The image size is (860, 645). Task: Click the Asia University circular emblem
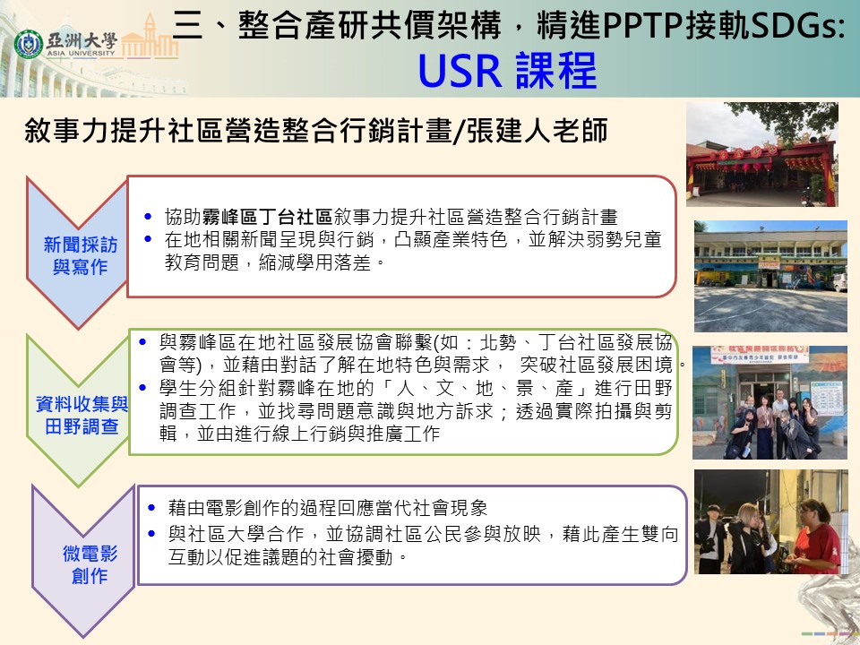pyautogui.click(x=28, y=45)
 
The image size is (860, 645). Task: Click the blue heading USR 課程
pyautogui.click(x=507, y=71)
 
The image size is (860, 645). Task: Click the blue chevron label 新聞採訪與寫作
pyautogui.click(x=80, y=255)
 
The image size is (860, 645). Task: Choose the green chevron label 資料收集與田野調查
pyautogui.click(x=82, y=415)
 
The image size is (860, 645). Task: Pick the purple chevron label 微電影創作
pyautogui.click(x=90, y=564)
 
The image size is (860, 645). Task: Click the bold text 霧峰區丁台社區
pyautogui.click(x=267, y=217)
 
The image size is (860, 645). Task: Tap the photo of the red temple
pyautogui.click(x=762, y=154)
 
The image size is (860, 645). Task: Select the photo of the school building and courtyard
pyautogui.click(x=770, y=276)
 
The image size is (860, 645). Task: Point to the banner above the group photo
pyautogui.click(x=759, y=355)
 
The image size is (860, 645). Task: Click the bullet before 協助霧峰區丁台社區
pyautogui.click(x=148, y=217)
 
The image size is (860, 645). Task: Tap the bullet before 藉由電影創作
pyautogui.click(x=152, y=508)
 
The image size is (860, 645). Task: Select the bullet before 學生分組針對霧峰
pyautogui.click(x=142, y=388)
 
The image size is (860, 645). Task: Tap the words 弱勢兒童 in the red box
pyautogui.click(x=623, y=240)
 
